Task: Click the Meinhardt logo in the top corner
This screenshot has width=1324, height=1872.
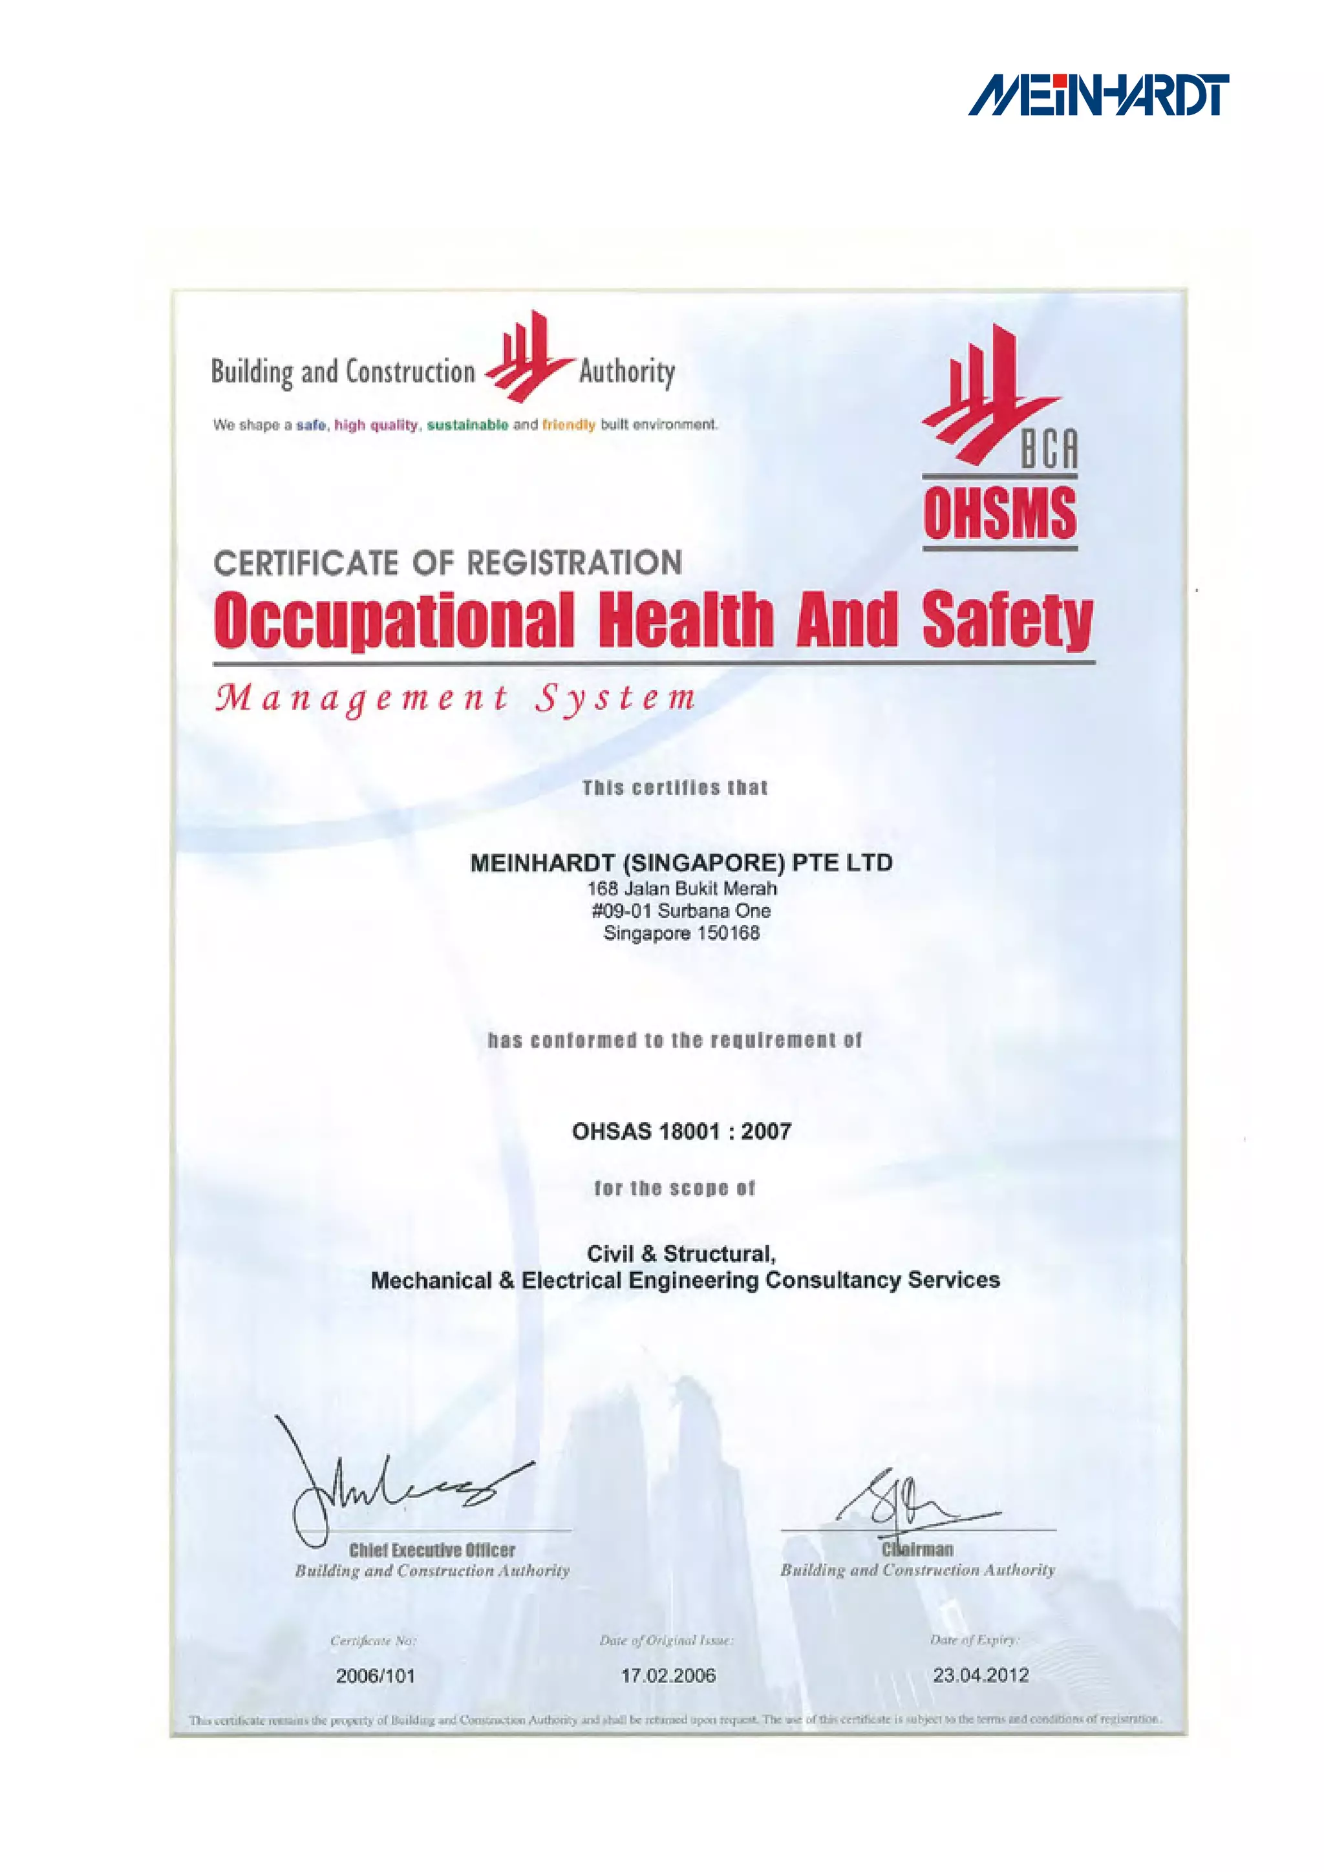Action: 1098,96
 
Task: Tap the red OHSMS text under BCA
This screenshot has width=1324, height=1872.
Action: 999,514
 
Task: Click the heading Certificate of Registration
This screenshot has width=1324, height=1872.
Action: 447,562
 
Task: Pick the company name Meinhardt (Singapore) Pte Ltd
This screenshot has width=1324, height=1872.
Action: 681,862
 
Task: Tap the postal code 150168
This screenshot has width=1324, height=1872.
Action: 728,933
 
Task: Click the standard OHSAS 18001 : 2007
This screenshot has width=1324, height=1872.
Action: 681,1131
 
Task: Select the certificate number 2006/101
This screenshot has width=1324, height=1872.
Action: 375,1675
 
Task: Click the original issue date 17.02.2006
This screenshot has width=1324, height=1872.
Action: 668,1675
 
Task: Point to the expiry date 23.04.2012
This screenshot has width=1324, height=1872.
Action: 981,1675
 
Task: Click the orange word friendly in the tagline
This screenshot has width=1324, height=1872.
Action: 568,425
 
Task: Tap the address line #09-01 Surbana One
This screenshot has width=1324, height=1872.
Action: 681,911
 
